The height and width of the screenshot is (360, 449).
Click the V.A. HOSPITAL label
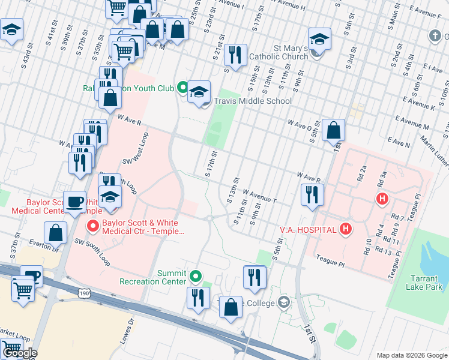tap(307, 229)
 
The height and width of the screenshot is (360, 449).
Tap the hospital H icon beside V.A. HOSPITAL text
tap(345, 229)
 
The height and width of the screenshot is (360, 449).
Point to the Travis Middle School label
tap(253, 101)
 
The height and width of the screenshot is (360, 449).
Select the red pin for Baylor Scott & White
tap(93, 226)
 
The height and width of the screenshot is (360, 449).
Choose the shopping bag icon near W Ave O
tap(333, 130)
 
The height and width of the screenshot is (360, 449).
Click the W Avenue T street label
tap(259, 196)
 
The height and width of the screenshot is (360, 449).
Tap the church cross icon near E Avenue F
tap(435, 35)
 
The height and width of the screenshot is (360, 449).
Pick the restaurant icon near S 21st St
tap(235, 55)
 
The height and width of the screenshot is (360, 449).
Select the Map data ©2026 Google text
tap(411, 355)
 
